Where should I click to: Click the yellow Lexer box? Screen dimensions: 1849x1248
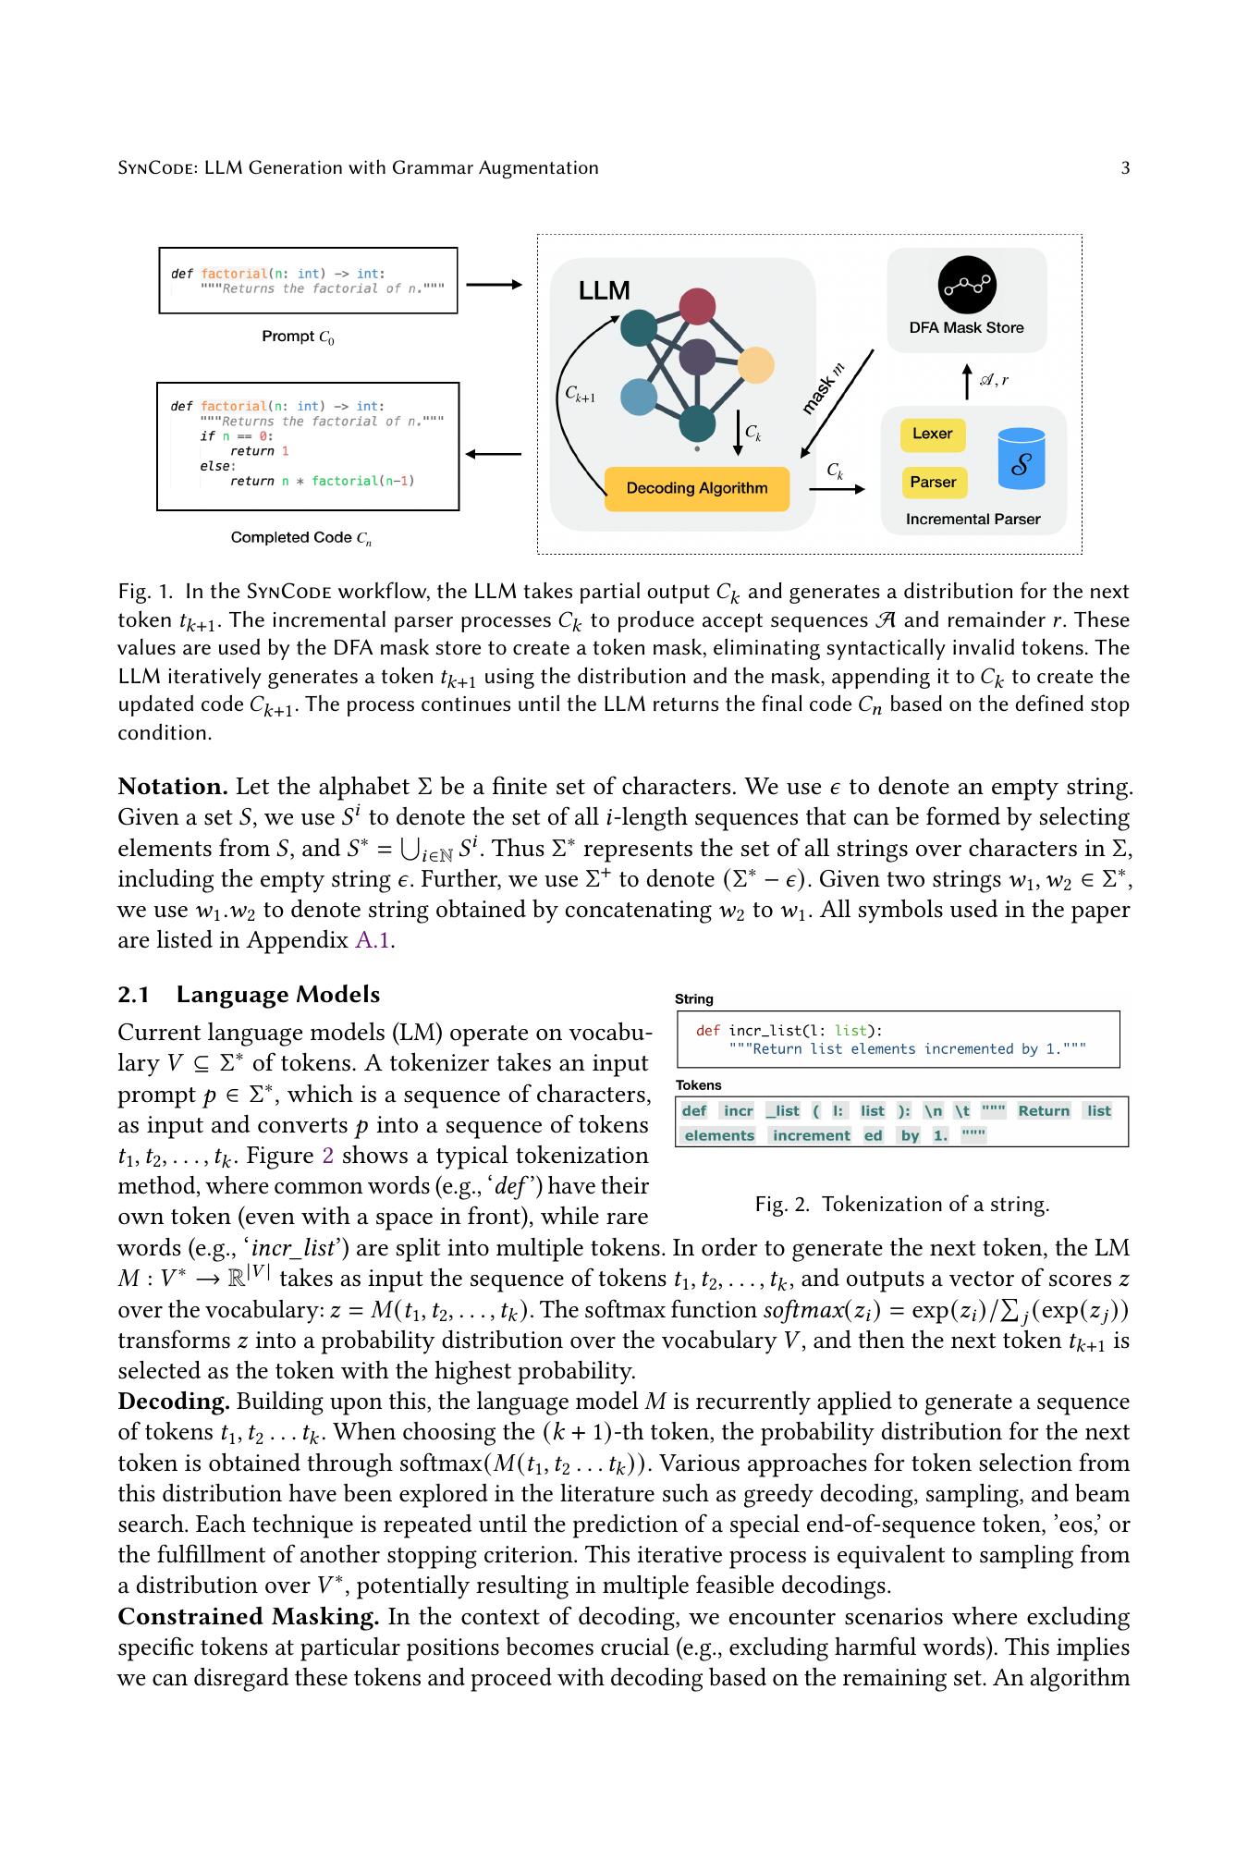tap(932, 434)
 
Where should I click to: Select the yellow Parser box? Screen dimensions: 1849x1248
tap(932, 482)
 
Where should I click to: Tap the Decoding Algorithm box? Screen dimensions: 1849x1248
tap(697, 488)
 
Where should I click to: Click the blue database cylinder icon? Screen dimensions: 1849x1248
tap(1022, 459)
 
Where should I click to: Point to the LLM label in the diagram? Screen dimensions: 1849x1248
tap(604, 291)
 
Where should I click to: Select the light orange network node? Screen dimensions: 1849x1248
tap(755, 365)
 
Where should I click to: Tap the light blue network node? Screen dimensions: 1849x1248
tap(638, 398)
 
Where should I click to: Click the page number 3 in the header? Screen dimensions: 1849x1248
tap(1125, 168)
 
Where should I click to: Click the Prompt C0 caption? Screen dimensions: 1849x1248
tap(298, 337)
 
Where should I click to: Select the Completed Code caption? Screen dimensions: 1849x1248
tap(301, 538)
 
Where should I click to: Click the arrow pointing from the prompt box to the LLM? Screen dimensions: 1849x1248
tap(494, 285)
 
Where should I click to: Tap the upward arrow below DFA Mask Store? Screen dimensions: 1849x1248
tap(967, 381)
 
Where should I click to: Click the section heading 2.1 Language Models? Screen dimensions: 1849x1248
tap(249, 995)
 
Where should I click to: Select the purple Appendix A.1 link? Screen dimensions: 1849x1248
tap(374, 940)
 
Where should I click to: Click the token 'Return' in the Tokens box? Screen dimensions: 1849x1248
tap(1044, 1111)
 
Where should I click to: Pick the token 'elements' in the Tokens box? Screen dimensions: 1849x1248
tap(719, 1135)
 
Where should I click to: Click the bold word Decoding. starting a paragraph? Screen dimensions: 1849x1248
tap(174, 1402)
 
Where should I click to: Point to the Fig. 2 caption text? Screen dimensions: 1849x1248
tap(901, 1205)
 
